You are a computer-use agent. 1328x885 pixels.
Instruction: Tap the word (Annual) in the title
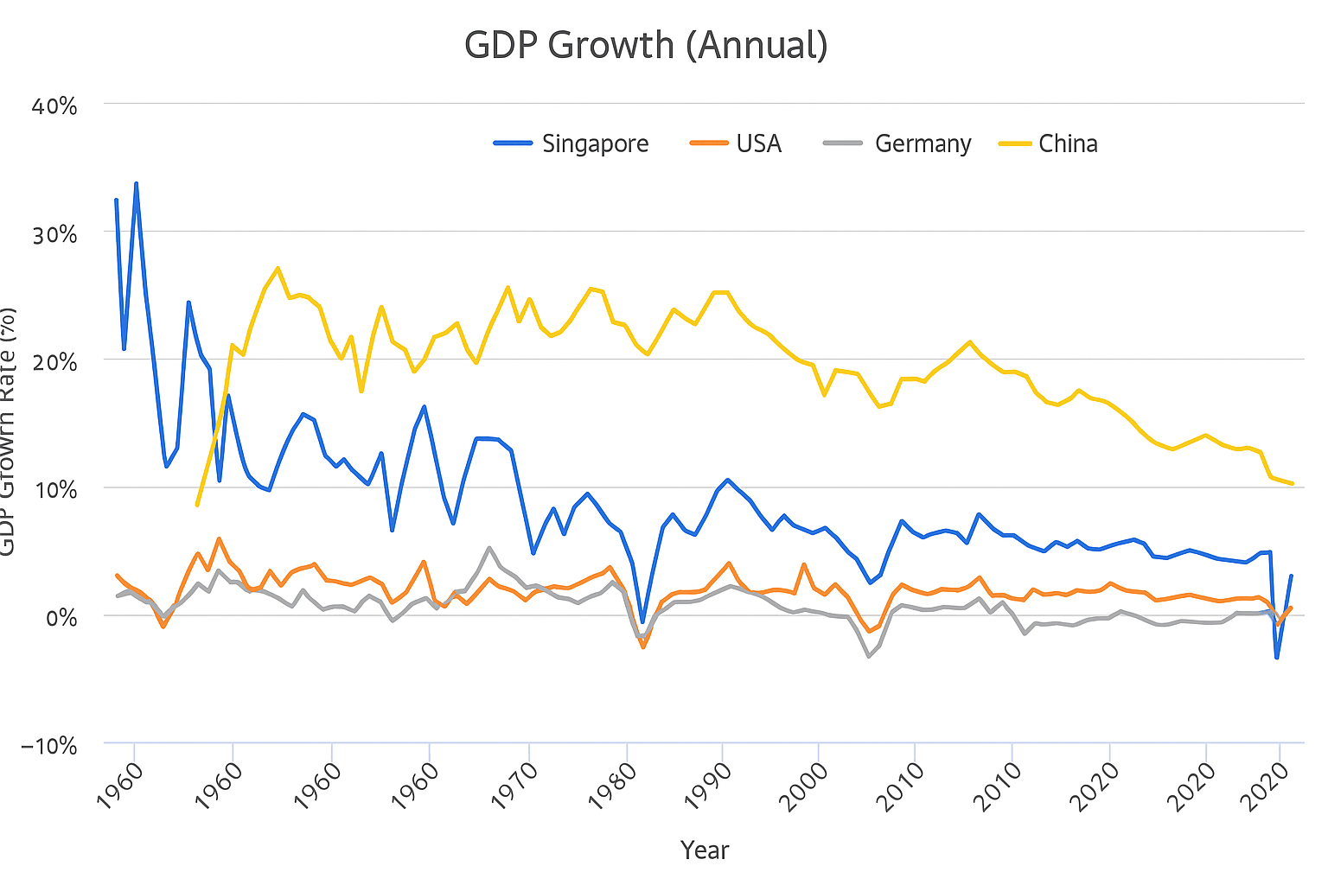(x=757, y=45)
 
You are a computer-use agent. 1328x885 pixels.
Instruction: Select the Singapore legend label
(x=595, y=143)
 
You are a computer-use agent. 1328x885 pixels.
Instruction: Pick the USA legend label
(x=758, y=143)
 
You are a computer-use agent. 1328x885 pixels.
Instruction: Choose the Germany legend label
(x=923, y=143)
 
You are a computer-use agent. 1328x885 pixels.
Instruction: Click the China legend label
(x=1068, y=143)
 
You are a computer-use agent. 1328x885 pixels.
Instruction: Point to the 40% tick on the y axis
(x=55, y=106)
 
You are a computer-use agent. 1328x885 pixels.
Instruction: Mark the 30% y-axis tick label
(x=55, y=234)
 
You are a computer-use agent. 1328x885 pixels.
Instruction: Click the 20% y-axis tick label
(x=55, y=362)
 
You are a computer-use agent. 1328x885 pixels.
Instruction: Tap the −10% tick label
(x=48, y=746)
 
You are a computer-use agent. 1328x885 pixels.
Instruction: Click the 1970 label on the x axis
(x=516, y=785)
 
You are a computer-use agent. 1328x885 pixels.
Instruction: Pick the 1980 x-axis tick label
(x=613, y=785)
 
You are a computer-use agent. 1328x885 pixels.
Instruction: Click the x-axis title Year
(x=705, y=850)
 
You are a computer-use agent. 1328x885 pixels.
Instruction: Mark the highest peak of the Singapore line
(x=136, y=183)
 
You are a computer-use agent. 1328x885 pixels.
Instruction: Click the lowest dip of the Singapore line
(x=1276, y=658)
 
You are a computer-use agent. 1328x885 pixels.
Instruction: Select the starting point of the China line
(x=197, y=505)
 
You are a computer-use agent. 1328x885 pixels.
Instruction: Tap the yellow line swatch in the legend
(x=1015, y=143)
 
